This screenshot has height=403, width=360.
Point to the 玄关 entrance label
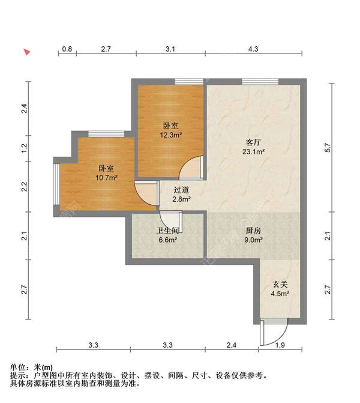point(280,284)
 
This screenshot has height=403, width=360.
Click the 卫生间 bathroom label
point(167,231)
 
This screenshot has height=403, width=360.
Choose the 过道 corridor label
point(182,189)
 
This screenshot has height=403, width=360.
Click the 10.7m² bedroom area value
point(106,178)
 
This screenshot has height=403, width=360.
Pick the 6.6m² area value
point(167,240)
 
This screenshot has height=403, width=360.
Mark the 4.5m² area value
point(280,294)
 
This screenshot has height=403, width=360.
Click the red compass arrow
point(27,52)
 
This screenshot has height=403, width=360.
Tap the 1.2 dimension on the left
point(24,147)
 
